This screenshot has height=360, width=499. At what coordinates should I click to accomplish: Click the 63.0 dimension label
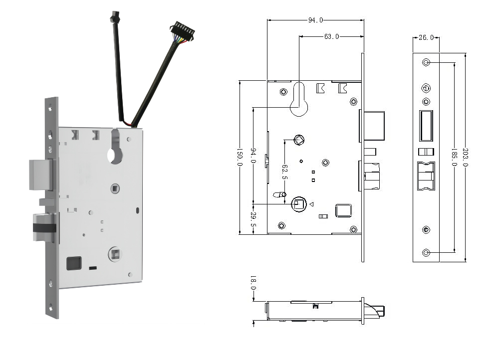(x=331, y=36)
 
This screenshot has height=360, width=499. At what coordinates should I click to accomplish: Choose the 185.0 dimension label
(x=455, y=157)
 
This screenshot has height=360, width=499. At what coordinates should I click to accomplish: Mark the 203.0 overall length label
(x=466, y=157)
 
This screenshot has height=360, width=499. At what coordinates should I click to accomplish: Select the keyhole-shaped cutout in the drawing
(x=299, y=102)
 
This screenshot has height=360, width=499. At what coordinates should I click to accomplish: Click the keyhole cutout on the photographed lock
(x=114, y=150)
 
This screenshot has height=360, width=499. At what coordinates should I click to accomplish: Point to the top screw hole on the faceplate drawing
(x=426, y=63)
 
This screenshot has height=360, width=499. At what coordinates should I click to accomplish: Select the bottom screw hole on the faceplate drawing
(x=426, y=253)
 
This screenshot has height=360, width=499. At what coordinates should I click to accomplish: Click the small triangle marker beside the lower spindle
(x=311, y=204)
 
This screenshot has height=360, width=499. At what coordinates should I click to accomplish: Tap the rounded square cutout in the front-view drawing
(x=343, y=210)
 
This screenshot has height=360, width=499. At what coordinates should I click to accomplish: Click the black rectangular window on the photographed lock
(x=74, y=262)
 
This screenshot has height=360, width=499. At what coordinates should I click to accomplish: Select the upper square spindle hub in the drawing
(x=298, y=140)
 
